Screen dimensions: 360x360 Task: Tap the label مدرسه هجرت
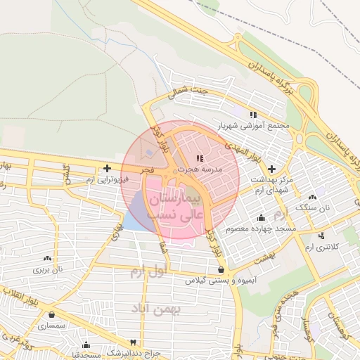pos(200,169)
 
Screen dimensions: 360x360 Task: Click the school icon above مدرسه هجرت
pos(200,158)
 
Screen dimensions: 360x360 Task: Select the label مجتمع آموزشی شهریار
pos(254,126)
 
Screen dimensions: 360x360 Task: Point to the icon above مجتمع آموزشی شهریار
pos(253,115)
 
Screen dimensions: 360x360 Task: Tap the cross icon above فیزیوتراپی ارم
pos(106,168)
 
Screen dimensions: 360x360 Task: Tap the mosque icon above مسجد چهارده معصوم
pos(262,218)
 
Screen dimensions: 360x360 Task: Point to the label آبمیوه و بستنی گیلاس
pos(222,281)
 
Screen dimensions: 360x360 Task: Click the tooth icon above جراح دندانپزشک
pos(86,345)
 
